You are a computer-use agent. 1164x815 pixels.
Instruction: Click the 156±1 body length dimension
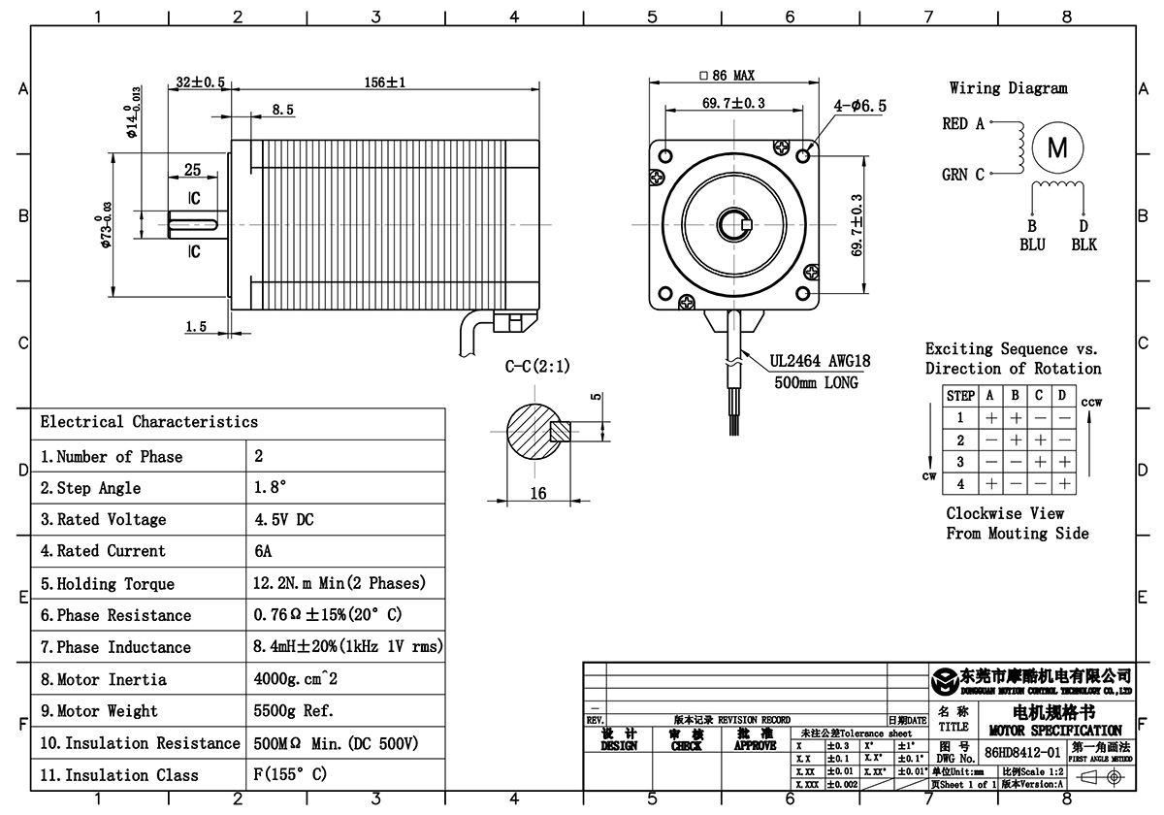click(384, 82)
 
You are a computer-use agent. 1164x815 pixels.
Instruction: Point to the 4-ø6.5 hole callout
click(859, 107)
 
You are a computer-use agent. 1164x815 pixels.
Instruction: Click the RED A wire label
click(963, 124)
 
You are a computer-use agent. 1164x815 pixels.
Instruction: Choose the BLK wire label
click(1083, 244)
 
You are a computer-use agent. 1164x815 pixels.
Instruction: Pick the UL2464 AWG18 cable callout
click(821, 362)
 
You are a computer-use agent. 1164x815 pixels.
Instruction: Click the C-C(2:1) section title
click(537, 367)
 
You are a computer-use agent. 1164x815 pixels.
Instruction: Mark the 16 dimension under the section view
click(538, 494)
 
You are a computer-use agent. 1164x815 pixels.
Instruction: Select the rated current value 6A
click(263, 551)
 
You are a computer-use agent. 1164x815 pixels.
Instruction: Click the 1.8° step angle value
click(271, 488)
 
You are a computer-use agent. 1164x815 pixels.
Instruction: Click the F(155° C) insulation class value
click(290, 775)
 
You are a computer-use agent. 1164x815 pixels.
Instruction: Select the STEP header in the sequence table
click(959, 396)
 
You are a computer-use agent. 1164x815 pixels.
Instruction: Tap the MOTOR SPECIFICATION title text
click(1054, 730)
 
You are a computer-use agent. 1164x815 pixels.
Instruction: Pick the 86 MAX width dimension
click(733, 76)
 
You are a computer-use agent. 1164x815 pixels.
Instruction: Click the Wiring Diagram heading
click(1008, 88)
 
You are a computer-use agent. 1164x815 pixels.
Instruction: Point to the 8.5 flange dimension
click(282, 111)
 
